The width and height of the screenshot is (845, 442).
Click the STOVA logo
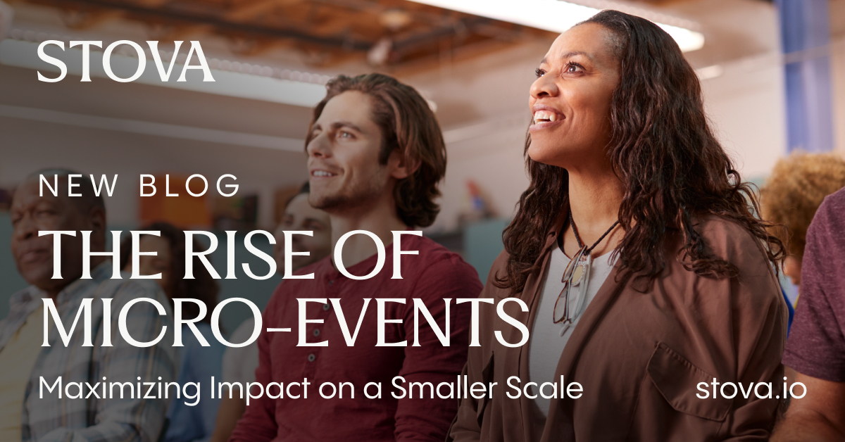click(126, 62)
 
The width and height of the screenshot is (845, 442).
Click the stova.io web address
click(751, 389)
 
